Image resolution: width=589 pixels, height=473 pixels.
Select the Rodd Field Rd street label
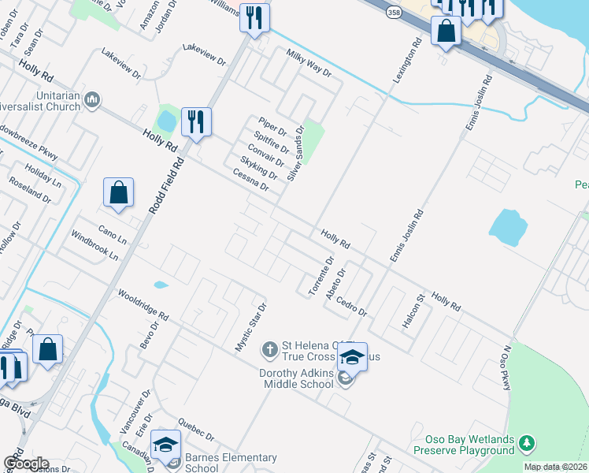point(166,187)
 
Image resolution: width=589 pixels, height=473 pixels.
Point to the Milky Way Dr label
point(309,62)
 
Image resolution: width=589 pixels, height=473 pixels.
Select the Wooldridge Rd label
point(143,305)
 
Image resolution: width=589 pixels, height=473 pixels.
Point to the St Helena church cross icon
point(269,348)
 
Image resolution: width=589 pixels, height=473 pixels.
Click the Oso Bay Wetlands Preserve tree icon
point(527,444)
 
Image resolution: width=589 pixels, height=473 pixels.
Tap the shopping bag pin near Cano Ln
point(118,193)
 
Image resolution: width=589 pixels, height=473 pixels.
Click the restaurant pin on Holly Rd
point(196,122)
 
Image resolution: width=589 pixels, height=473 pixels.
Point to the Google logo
point(25,464)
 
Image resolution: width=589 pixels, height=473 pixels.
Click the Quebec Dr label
point(196,430)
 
